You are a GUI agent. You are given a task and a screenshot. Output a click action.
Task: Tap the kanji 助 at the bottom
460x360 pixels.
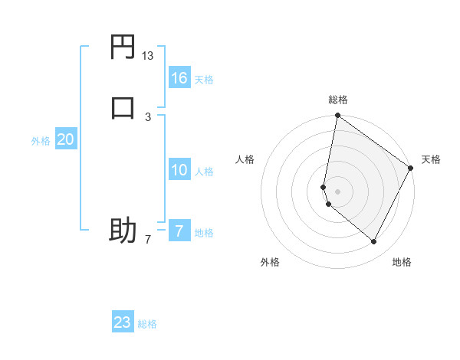click(123, 231)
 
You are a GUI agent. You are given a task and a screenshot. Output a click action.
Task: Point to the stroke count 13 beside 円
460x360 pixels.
click(148, 57)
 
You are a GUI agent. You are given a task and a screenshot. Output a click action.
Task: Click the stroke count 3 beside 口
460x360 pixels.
click(148, 116)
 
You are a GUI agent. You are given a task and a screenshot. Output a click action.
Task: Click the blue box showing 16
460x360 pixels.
click(179, 77)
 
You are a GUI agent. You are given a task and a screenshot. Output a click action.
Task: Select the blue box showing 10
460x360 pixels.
click(179, 170)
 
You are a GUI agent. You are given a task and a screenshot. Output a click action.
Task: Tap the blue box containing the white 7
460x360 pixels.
click(179, 231)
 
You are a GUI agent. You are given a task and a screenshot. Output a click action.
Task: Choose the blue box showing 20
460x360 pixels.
click(65, 139)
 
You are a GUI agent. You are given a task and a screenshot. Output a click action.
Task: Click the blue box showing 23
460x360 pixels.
click(122, 322)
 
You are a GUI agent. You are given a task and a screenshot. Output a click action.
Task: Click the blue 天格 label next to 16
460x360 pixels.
click(204, 80)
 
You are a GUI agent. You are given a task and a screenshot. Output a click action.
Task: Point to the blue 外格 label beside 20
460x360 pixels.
click(41, 141)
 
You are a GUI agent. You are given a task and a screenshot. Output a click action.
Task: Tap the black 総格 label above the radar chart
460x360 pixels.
click(338, 100)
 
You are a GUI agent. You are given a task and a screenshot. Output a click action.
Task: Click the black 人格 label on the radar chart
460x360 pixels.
click(245, 159)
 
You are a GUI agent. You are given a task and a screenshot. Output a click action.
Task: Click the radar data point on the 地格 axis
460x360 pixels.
click(374, 241)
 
